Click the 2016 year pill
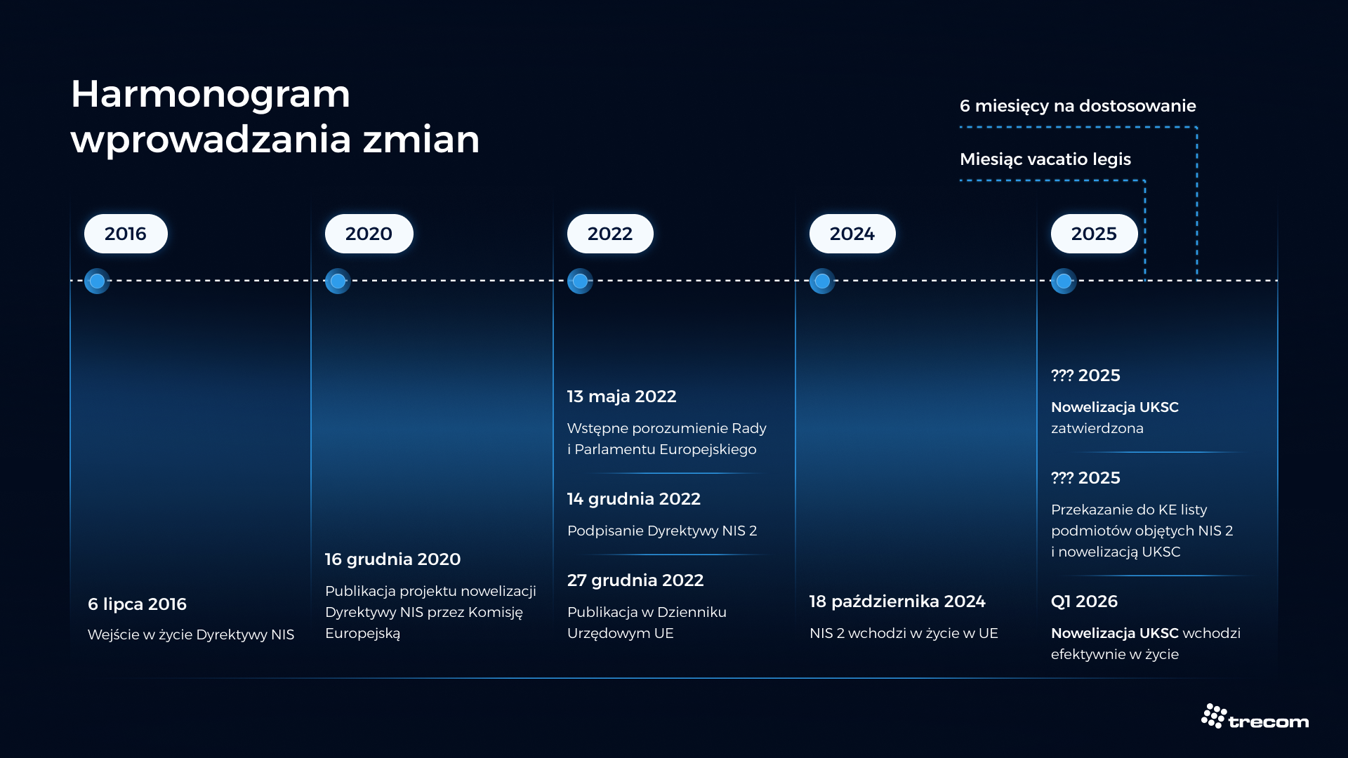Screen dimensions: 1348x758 126,234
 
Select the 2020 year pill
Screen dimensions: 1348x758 369,234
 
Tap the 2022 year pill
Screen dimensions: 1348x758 610,234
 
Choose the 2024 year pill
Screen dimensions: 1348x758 852,234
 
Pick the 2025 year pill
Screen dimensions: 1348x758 1094,234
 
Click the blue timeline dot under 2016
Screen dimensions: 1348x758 97,281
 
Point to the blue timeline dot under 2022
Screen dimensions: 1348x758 580,281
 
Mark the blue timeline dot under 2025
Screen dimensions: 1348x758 1064,281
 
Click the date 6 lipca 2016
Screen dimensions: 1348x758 137,604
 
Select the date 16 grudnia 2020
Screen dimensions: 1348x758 392,559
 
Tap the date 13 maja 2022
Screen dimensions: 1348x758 621,397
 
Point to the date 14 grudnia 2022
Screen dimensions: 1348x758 633,499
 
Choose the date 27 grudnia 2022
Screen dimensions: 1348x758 635,580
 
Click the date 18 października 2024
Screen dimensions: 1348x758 897,601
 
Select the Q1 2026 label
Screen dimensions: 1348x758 1084,601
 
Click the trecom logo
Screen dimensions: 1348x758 1255,717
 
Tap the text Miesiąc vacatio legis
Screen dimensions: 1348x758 1045,159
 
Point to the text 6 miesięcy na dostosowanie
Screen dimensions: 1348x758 1078,106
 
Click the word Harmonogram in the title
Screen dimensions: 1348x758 211,95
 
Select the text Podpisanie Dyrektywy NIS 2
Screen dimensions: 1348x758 662,531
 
